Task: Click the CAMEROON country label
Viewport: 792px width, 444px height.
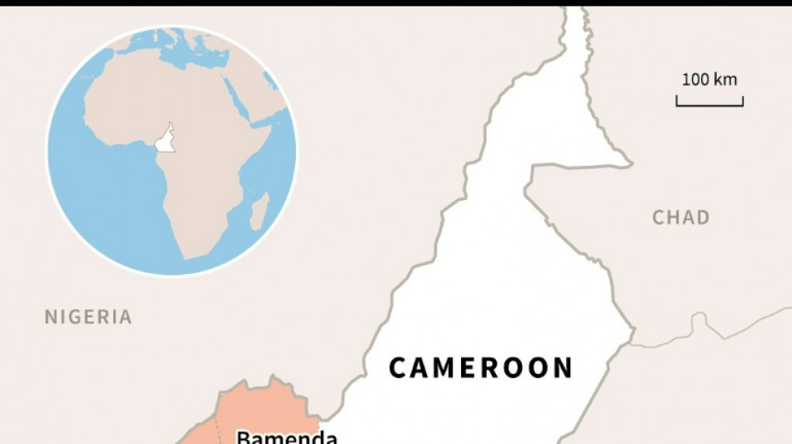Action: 481,367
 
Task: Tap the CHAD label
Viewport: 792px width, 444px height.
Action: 681,217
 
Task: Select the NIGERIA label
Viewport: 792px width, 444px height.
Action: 88,317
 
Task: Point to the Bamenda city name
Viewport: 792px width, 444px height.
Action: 287,437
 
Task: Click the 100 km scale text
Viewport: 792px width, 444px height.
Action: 709,80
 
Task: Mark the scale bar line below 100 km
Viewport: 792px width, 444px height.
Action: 709,105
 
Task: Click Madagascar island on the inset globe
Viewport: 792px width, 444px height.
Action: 260,212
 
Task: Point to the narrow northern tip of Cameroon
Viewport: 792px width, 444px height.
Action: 575,25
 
